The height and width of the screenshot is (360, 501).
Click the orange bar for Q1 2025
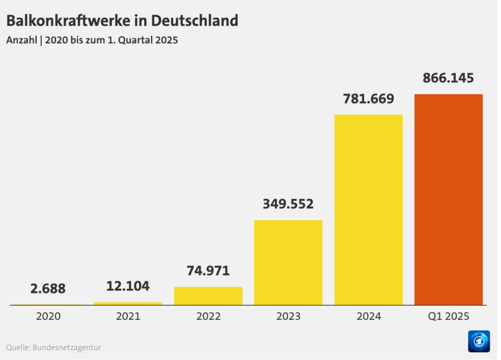[x=448, y=199]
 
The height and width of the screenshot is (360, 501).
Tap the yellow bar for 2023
[x=288, y=262]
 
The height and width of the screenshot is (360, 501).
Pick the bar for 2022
[x=208, y=296]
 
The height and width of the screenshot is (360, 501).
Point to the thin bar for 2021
[x=128, y=304]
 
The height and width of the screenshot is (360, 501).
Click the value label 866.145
[x=448, y=78]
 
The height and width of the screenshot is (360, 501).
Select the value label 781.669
[x=368, y=99]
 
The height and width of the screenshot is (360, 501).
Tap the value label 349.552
[x=288, y=204]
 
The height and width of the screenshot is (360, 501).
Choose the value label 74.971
[x=208, y=270]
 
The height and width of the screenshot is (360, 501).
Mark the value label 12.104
[x=128, y=286]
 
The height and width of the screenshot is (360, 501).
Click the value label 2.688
[x=48, y=289]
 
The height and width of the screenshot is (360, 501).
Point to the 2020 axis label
[x=48, y=316]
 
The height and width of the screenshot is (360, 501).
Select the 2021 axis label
[x=128, y=316]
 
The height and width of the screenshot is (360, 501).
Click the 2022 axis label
[x=208, y=316]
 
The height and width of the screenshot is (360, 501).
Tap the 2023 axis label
[x=288, y=316]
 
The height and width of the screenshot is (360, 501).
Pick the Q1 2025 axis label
[x=448, y=316]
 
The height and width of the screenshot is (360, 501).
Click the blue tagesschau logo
[x=478, y=341]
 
